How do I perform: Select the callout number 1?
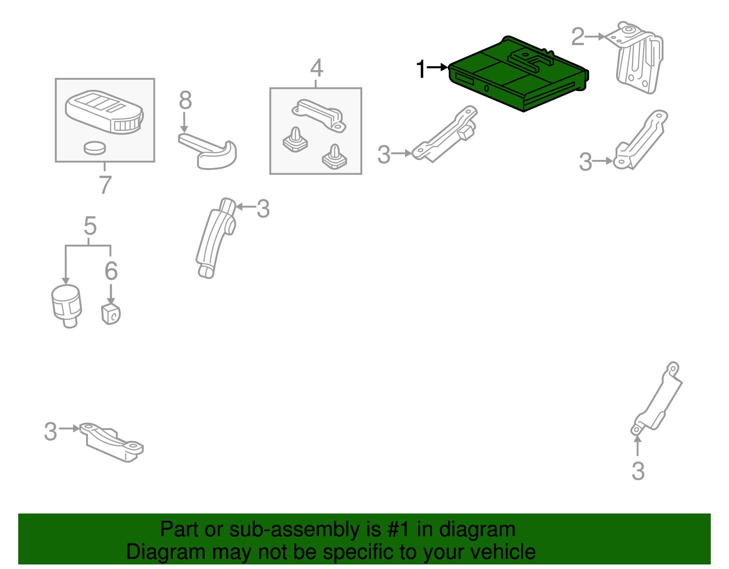(421, 69)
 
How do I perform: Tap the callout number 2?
(578, 36)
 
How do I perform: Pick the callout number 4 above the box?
(317, 68)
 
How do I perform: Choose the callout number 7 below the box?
(105, 185)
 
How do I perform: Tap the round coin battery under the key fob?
(95, 148)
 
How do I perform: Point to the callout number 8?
(185, 100)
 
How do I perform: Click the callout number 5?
(90, 226)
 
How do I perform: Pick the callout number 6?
(111, 271)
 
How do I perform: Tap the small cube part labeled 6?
(111, 314)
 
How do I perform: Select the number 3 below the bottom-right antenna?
(638, 471)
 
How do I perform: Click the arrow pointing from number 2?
(595, 36)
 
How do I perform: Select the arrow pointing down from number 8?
(184, 123)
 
